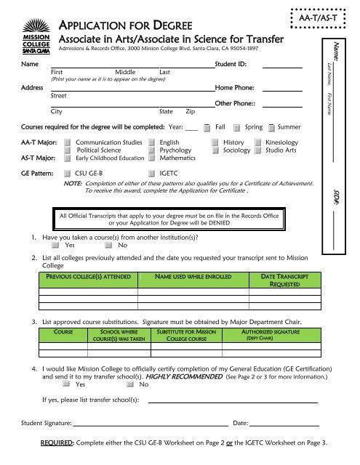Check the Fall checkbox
(209, 127)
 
